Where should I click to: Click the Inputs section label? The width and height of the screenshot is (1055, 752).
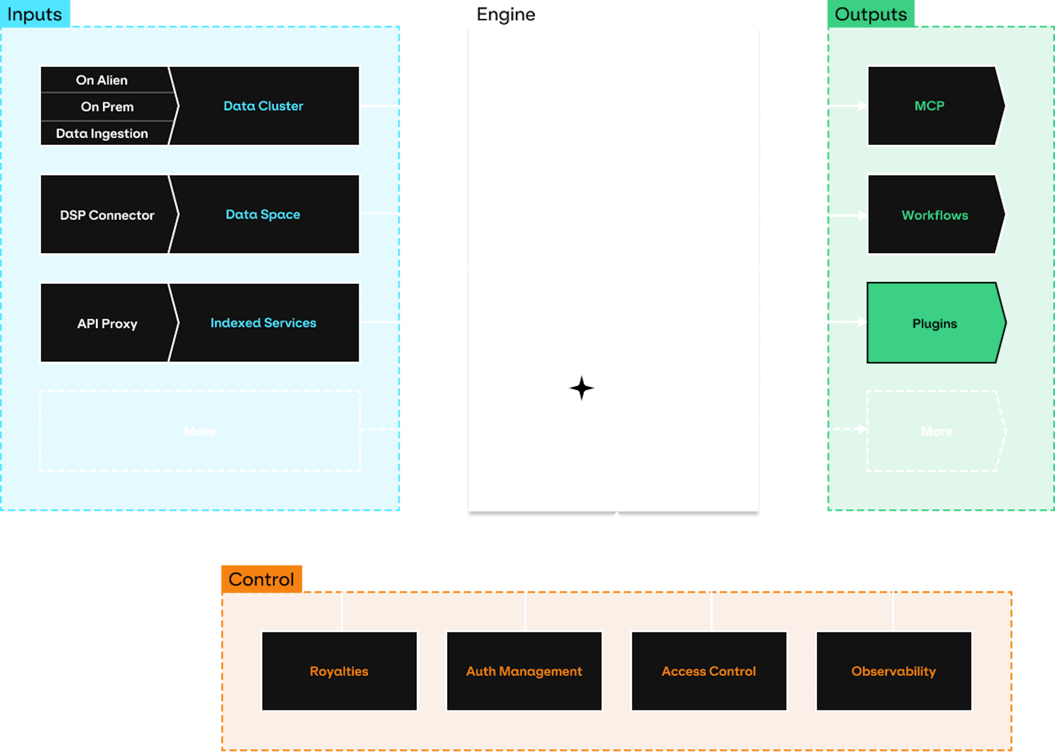(35, 14)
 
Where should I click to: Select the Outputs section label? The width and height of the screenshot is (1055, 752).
(871, 14)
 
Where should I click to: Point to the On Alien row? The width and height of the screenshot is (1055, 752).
(102, 80)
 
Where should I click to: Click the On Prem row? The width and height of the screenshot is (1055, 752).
(107, 107)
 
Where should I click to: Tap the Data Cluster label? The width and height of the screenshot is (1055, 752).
(263, 106)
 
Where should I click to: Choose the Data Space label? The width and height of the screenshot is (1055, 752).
(263, 214)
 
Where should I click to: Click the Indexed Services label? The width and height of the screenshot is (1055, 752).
(263, 323)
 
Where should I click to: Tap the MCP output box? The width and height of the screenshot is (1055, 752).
(929, 106)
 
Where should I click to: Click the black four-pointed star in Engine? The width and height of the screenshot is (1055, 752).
(581, 388)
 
